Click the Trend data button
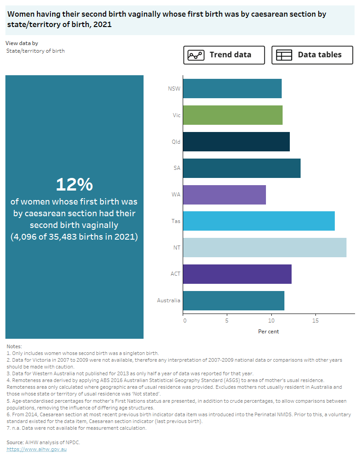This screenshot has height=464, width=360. (x=224, y=55)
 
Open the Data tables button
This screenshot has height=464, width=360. (x=312, y=55)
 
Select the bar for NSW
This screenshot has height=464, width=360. (x=232, y=88)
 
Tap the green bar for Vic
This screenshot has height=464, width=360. (x=233, y=115)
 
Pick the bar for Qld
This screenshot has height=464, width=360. (x=236, y=141)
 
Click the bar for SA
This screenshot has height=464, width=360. (x=242, y=168)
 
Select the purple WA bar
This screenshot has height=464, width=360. (x=225, y=195)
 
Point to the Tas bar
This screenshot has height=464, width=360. (x=259, y=221)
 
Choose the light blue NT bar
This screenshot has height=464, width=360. (x=265, y=248)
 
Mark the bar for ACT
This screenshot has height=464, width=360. (x=237, y=274)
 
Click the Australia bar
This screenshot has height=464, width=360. (x=234, y=300)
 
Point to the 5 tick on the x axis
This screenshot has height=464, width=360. (x=227, y=321)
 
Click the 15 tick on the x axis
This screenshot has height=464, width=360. (x=315, y=321)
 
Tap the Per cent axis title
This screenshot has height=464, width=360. (x=269, y=332)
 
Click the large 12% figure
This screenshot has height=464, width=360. (x=74, y=184)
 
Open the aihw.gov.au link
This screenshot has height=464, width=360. (x=36, y=449)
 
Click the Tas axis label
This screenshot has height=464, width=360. (x=176, y=221)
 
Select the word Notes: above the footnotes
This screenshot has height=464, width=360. (x=14, y=346)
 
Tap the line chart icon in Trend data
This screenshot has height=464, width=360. (x=196, y=55)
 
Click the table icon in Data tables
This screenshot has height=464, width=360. (x=284, y=55)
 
